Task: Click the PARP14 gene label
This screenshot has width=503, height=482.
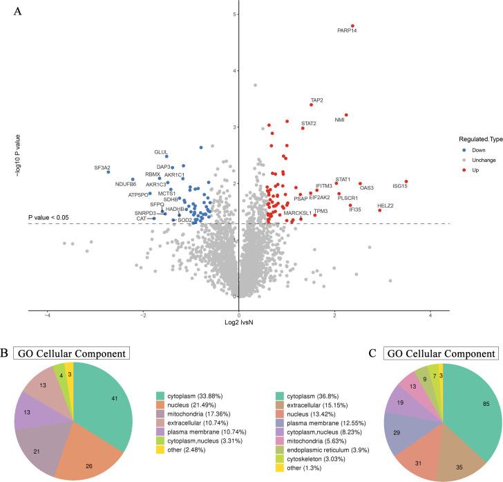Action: click(x=347, y=31)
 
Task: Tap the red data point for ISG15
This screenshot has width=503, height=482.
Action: click(x=407, y=182)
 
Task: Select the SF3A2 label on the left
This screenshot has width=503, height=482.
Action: click(x=102, y=168)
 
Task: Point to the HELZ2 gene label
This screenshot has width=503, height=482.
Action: click(x=386, y=205)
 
